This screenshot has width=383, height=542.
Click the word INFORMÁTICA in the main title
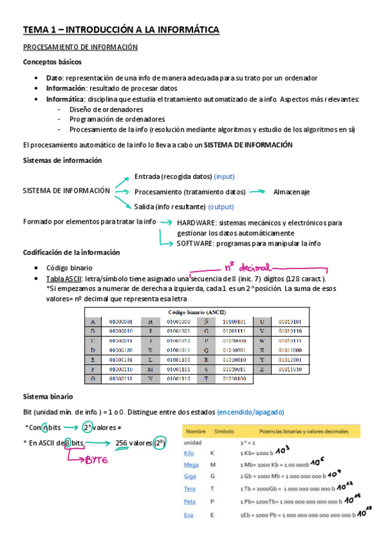(185, 29)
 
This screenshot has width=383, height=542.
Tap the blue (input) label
(229, 176)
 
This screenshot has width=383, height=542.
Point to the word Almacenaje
(292, 192)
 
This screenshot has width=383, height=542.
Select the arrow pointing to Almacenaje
(258, 191)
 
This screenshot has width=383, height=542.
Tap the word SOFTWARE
(196, 243)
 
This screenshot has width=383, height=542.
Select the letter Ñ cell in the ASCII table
(205, 321)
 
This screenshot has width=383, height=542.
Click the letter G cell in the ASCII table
(93, 379)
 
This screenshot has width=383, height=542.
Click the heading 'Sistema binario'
(48, 396)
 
